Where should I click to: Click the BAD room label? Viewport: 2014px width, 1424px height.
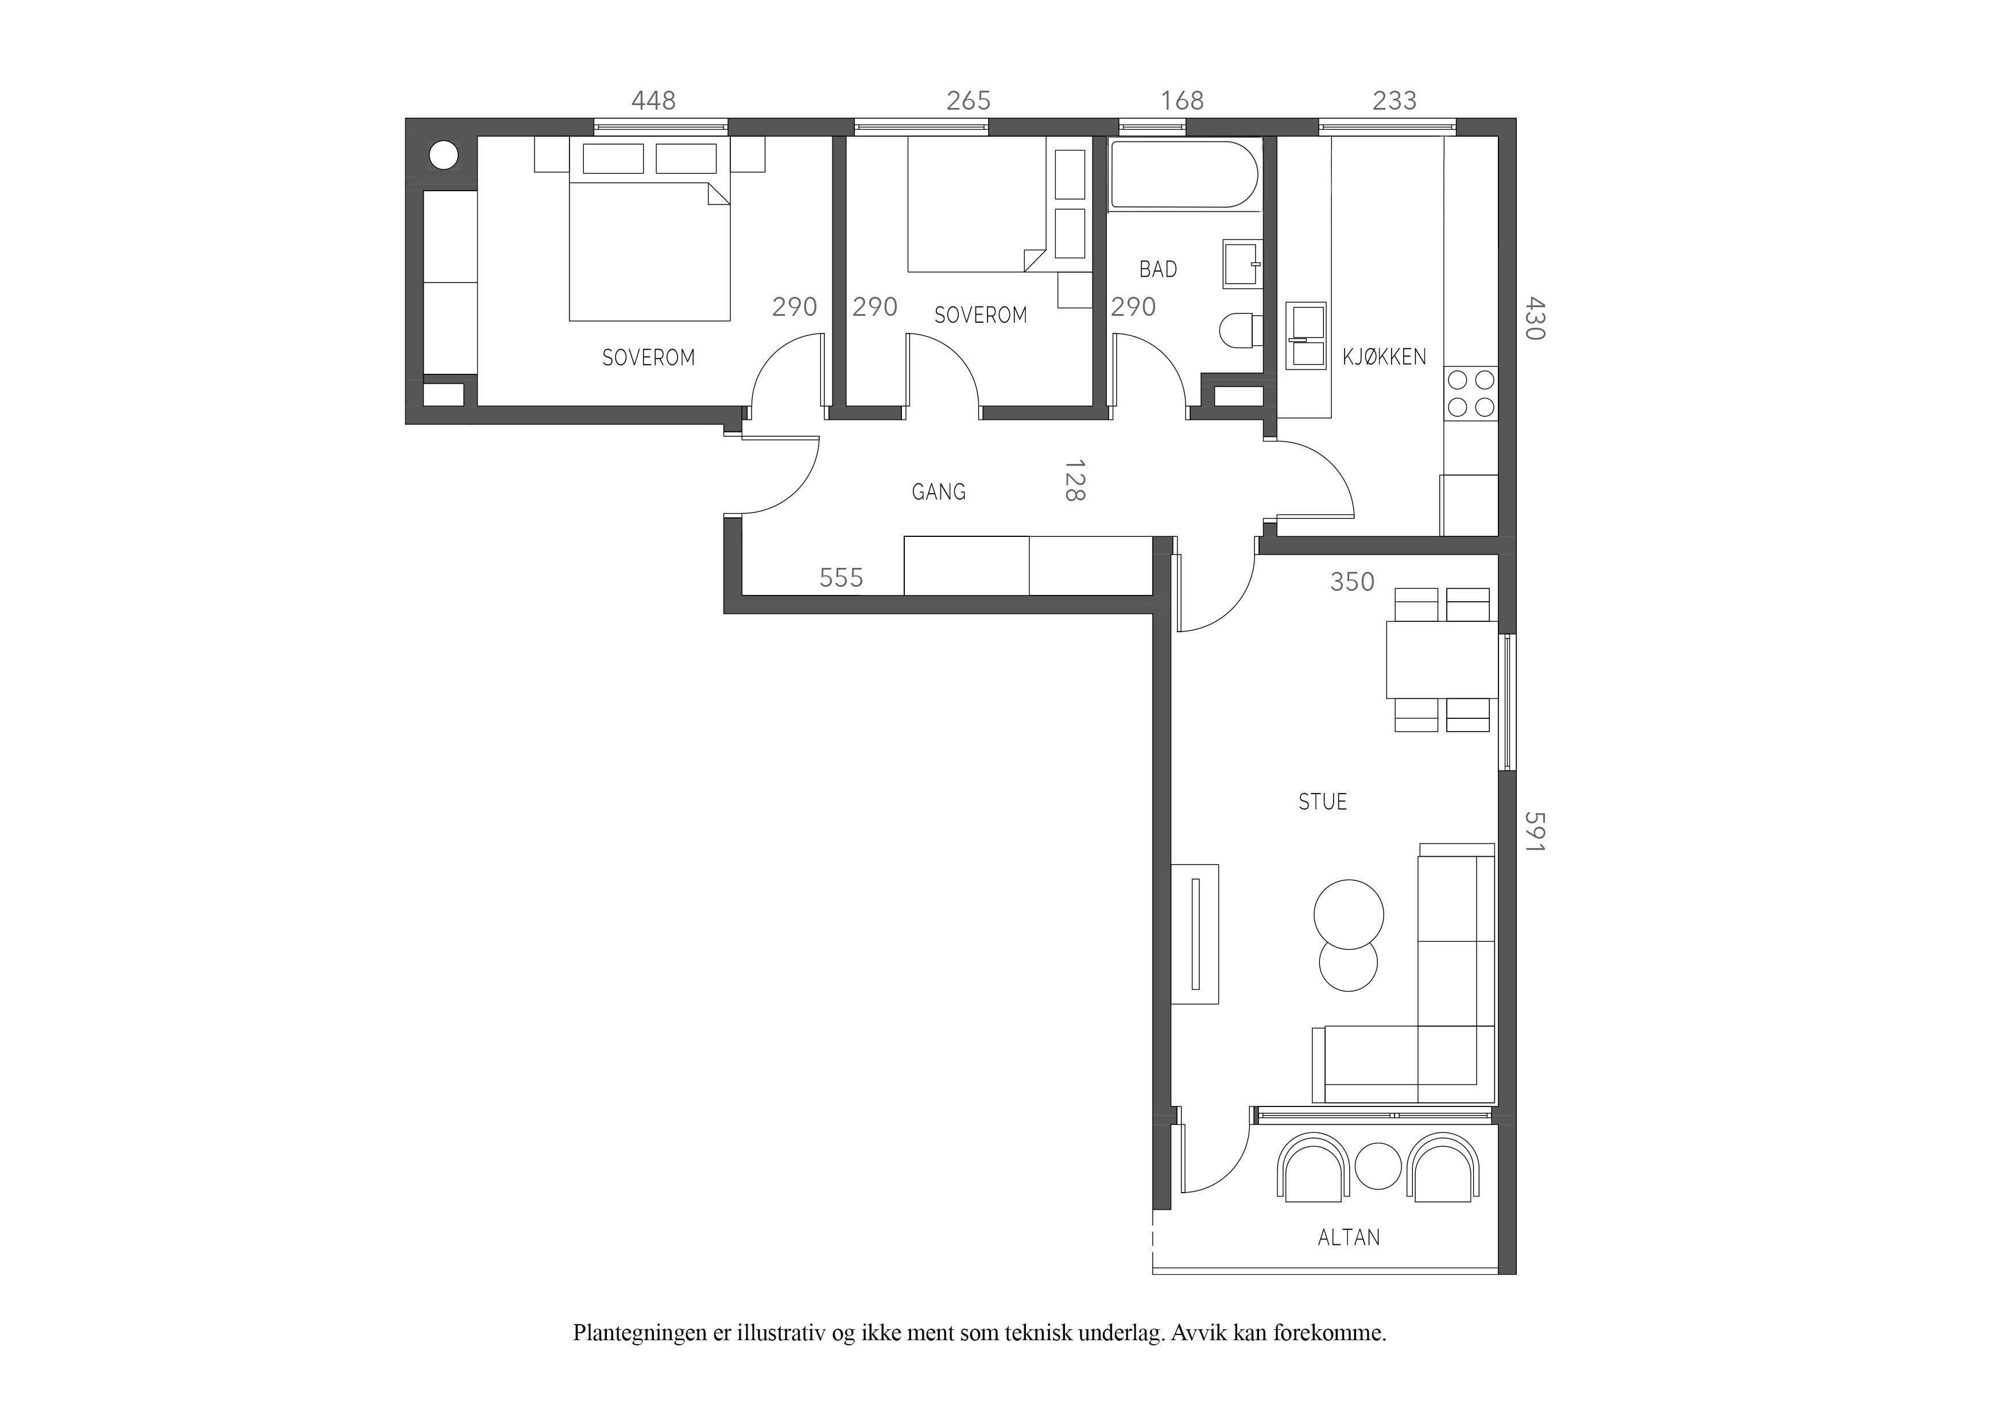(x=1158, y=269)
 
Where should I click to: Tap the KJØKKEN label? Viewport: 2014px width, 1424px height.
(x=1384, y=357)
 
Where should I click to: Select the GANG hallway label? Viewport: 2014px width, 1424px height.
(x=939, y=492)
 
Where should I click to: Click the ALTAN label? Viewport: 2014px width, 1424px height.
(x=1349, y=1238)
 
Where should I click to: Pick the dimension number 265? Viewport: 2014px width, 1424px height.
(x=969, y=101)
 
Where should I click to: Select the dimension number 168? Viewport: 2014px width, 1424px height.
(x=1183, y=101)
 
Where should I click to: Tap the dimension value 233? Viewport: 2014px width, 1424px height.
(x=1395, y=101)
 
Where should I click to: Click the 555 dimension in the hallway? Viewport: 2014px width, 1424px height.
(x=841, y=577)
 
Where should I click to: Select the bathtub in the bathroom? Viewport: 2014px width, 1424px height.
(x=1185, y=175)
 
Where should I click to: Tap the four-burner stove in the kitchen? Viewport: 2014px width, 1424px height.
(x=1471, y=394)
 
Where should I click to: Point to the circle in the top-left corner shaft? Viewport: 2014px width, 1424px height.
(x=444, y=156)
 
